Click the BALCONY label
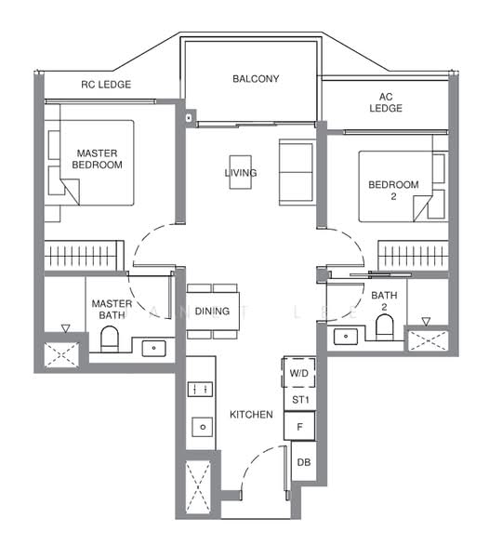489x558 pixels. pos(256,79)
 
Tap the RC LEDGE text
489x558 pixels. pos(106,85)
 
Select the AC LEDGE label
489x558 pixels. pos(386,102)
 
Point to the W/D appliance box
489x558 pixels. pos(298,373)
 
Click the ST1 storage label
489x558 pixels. pos(300,400)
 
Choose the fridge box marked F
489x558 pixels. pos(299,426)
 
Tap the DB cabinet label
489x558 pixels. pos(304,462)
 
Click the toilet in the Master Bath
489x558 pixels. pos(109,339)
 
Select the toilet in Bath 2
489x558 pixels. pos(385,327)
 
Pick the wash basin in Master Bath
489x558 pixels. pos(153,348)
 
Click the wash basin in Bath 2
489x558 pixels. pos(346,337)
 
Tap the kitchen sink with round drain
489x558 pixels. pos(203,427)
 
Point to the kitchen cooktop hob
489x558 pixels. pos(200,390)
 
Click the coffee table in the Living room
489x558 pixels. pos(241,172)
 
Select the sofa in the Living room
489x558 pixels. pos(296,172)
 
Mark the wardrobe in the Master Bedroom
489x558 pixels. pos(84,256)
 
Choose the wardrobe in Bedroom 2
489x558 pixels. pos(413,256)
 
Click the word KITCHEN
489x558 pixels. pos(251,415)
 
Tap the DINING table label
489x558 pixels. pos(212,312)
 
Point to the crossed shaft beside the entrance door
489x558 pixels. pos(198,486)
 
